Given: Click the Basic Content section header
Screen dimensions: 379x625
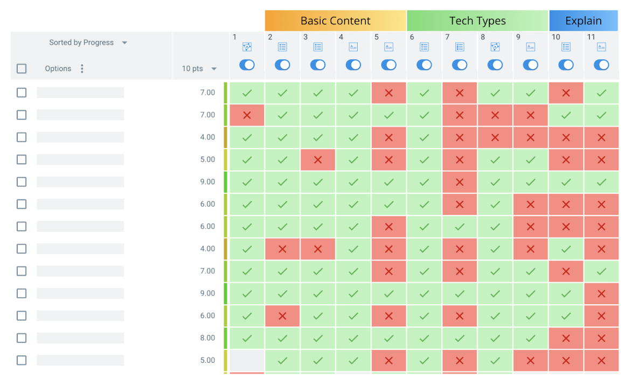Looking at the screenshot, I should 335,21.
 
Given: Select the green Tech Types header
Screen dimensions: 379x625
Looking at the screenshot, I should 477,21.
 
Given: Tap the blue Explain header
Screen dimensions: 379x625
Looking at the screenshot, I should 583,21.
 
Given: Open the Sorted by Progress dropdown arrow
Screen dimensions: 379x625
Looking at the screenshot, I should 124,43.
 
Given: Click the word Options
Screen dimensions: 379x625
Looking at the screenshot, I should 58,68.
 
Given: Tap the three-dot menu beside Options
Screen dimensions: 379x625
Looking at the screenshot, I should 82,68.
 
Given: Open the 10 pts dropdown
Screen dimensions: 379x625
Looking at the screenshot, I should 214,69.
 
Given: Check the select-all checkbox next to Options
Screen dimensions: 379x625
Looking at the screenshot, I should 22,68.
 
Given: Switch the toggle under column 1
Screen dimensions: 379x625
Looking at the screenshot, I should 247,65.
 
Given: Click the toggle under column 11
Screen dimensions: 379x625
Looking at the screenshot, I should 601,65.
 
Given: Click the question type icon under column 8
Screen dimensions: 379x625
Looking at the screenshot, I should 495,47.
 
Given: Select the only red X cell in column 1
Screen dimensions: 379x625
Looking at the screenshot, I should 247,115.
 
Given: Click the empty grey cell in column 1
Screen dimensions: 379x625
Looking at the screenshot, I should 247,360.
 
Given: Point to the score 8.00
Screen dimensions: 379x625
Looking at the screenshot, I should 207,338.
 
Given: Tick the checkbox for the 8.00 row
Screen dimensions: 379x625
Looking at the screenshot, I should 22,338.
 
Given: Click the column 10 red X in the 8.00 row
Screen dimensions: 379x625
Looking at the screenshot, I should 566,338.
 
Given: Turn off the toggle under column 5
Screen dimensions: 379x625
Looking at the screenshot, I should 388,65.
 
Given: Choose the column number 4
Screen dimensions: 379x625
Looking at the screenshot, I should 341,37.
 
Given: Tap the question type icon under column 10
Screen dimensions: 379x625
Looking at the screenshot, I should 566,47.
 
